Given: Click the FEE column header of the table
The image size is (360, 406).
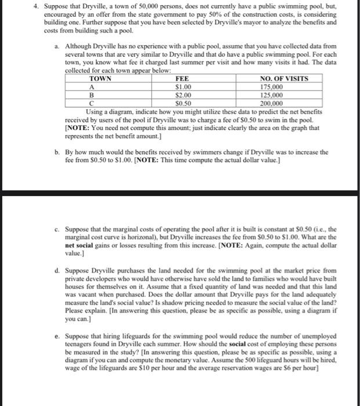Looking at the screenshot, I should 181,79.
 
